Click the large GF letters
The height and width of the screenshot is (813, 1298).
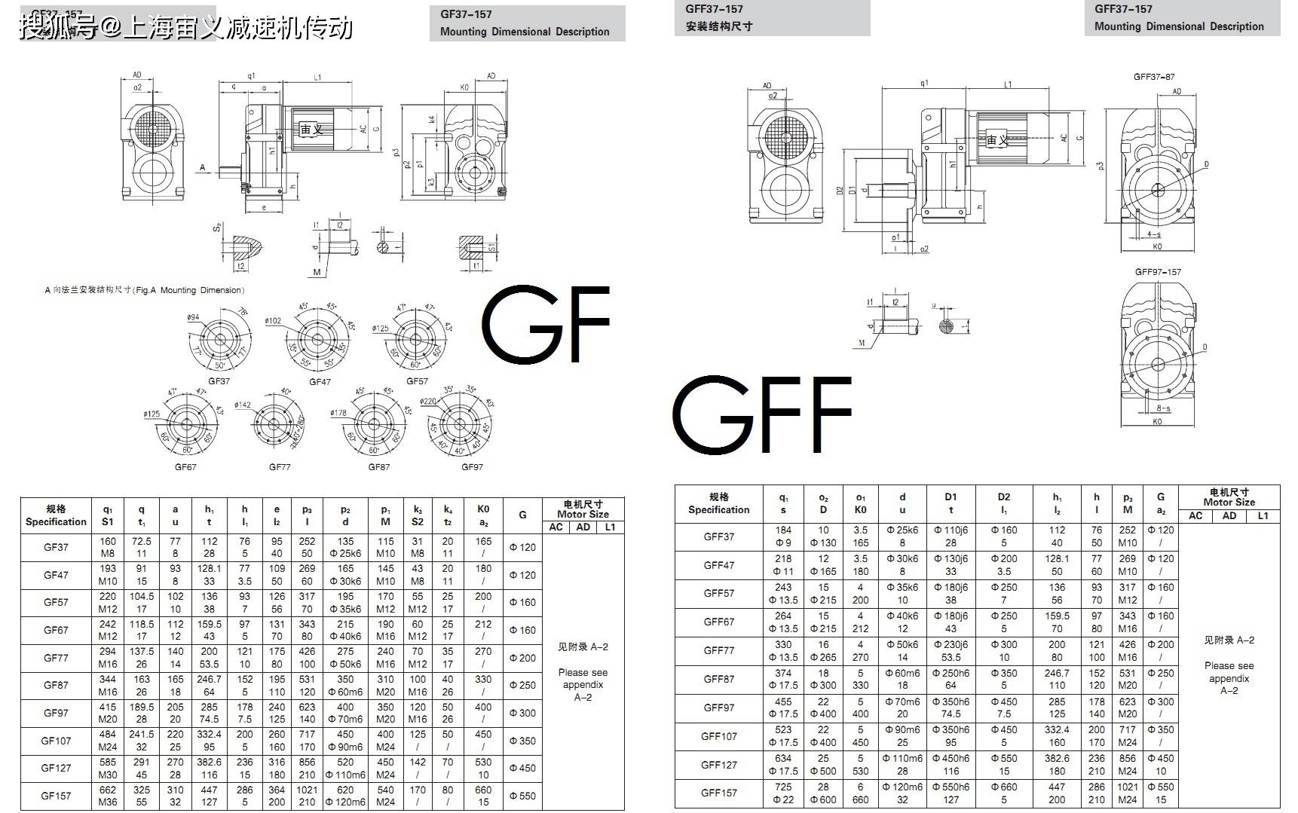(x=545, y=326)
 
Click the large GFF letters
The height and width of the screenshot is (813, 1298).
(x=761, y=415)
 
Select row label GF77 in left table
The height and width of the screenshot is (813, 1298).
(x=56, y=658)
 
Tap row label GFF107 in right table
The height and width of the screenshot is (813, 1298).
(x=718, y=736)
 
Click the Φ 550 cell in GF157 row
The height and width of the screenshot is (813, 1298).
(x=522, y=796)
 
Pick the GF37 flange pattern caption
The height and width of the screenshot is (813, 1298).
(x=219, y=381)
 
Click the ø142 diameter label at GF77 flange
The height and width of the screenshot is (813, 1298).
(x=243, y=405)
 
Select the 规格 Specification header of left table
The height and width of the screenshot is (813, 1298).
(x=56, y=515)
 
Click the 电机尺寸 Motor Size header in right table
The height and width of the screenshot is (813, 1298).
(x=1229, y=497)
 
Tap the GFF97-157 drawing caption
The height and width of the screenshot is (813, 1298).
(x=1158, y=272)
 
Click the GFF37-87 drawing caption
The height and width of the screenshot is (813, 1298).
(x=1154, y=77)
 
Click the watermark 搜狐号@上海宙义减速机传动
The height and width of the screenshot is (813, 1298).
(x=185, y=27)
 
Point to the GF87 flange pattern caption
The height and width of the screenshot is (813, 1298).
(x=378, y=467)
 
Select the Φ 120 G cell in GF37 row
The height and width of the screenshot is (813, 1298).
(x=522, y=547)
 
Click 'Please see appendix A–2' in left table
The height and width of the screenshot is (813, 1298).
(x=583, y=684)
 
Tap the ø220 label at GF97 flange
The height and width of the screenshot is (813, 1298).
(x=428, y=402)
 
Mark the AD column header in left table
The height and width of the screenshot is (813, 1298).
(x=583, y=527)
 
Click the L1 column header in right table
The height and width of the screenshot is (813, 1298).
(x=1263, y=516)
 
